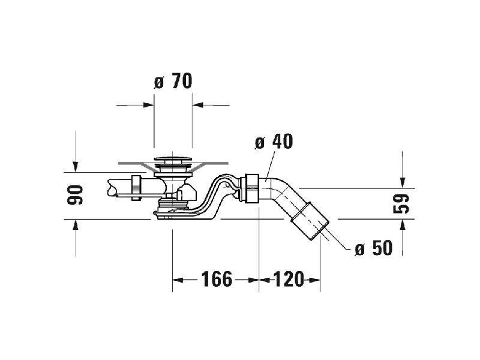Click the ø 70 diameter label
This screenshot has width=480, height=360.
(173, 81)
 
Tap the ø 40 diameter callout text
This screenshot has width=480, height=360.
(274, 142)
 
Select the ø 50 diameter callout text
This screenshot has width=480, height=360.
(373, 248)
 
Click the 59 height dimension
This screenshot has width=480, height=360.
(401, 203)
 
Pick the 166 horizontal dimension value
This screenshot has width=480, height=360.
(217, 279)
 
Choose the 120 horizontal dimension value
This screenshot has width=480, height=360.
(289, 279)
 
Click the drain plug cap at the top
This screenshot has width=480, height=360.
(173, 159)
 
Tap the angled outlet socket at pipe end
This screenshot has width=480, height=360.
(310, 220)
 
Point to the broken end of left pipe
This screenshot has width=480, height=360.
(112, 188)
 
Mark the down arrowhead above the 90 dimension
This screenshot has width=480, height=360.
(76, 167)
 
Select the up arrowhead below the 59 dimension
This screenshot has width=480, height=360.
(403, 226)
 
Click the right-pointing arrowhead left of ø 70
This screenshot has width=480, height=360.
(148, 105)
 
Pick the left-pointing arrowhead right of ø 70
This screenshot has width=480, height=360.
(198, 105)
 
